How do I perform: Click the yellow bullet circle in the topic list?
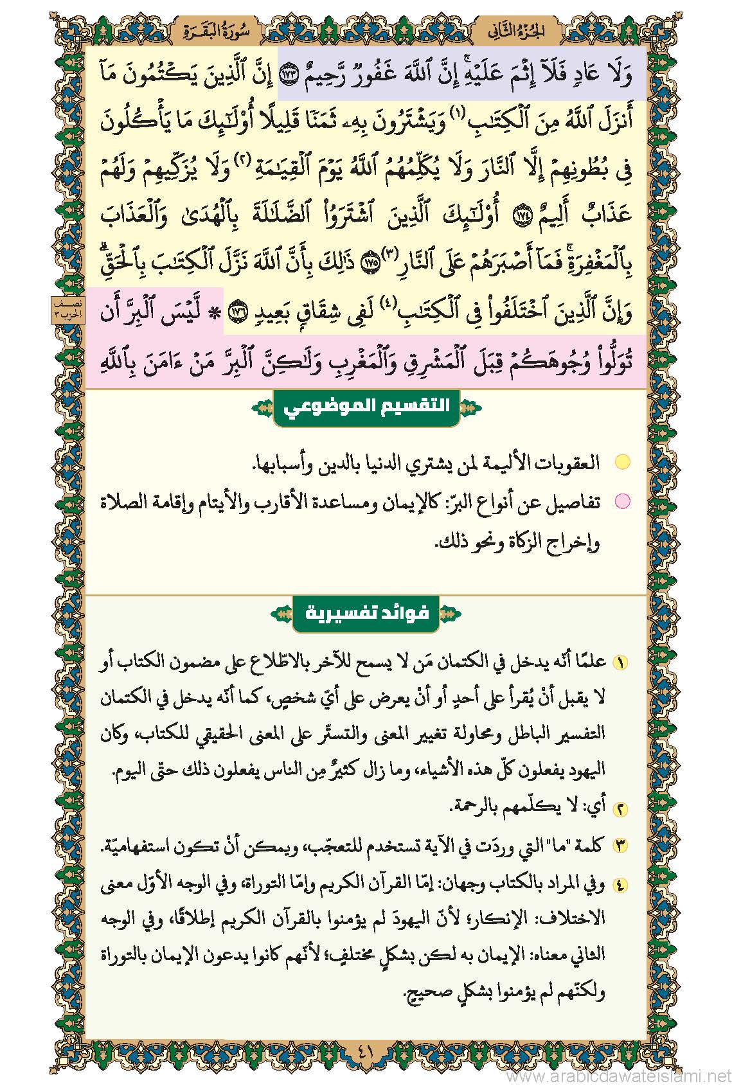point(622,462)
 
